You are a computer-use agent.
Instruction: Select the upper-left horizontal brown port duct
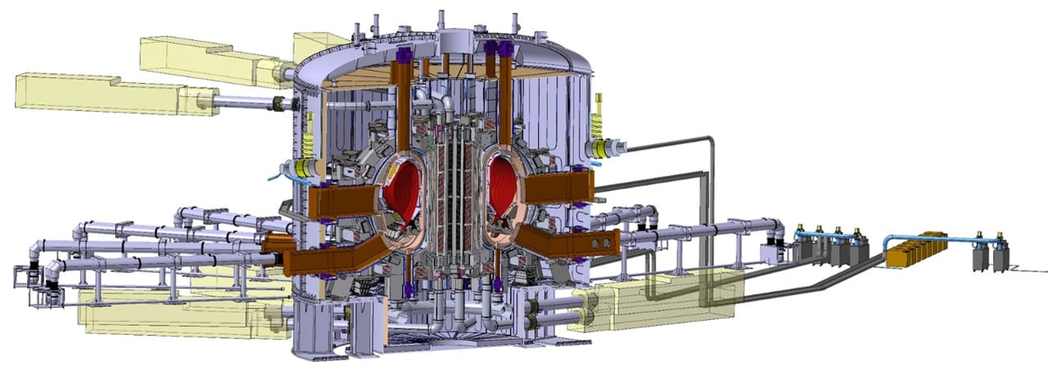pyautogui.click(x=343, y=202)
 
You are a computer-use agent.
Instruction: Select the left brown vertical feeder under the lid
pyautogui.click(x=403, y=96)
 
